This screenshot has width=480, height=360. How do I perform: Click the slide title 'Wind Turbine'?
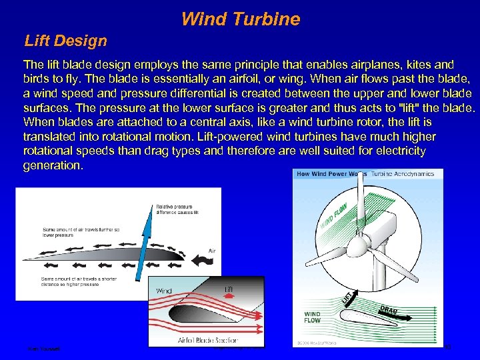click(240, 19)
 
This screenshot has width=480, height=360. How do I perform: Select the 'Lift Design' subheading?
click(65, 41)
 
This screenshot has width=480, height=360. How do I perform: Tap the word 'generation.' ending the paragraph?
click(53, 165)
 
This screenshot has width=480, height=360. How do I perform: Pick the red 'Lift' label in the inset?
click(229, 287)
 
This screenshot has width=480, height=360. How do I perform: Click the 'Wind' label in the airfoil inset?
click(164, 291)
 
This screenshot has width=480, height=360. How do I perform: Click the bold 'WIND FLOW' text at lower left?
click(312, 317)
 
